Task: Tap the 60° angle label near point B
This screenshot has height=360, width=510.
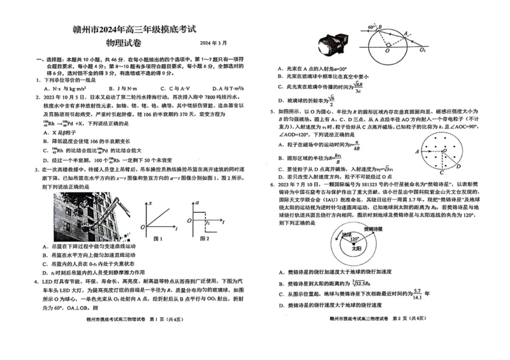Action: point(372,28)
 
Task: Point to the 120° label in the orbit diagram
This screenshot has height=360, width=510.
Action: point(354,240)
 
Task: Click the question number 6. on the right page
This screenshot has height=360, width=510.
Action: point(272,184)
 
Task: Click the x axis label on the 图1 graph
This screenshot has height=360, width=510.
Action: point(150,203)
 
